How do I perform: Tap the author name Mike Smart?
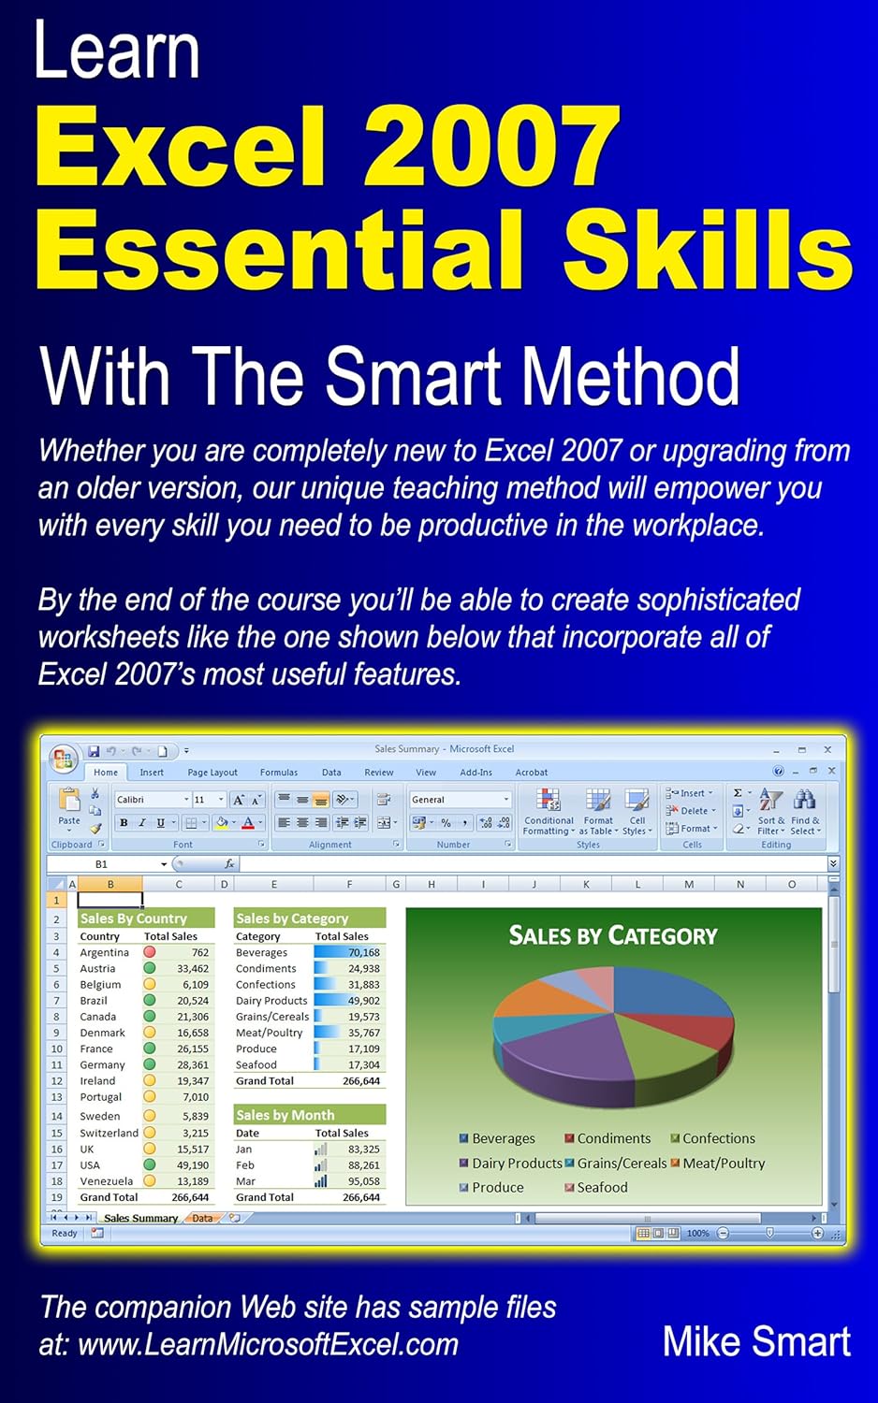pos(755,1341)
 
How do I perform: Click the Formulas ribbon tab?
pos(279,773)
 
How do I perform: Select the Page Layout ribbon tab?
pos(212,773)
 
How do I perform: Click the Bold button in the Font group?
pos(124,823)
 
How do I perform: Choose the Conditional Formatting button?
pos(549,810)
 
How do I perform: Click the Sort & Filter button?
pos(770,810)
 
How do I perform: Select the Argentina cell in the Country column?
pos(104,952)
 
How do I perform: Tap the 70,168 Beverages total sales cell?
pos(363,952)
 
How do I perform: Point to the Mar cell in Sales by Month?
pos(245,1181)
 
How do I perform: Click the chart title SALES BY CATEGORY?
pos(613,935)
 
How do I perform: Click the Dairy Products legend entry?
pos(516,1164)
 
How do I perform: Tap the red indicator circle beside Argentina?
pos(149,952)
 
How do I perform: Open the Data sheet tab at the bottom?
pos(202,1218)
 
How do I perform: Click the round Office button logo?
pos(64,758)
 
